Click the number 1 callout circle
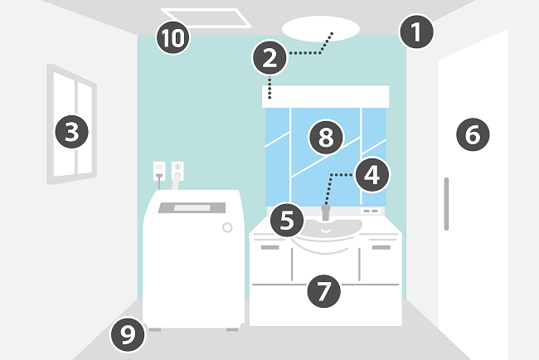tap(416, 33)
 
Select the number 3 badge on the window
tap(72, 129)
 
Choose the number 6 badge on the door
tap(472, 134)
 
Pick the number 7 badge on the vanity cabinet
tap(323, 290)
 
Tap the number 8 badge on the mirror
tap(325, 138)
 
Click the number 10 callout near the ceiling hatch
tap(174, 37)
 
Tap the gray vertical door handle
tap(446, 203)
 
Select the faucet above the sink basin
tap(324, 213)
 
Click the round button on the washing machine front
tap(226, 227)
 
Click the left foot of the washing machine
tap(153, 329)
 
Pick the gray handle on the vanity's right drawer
tap(381, 247)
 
